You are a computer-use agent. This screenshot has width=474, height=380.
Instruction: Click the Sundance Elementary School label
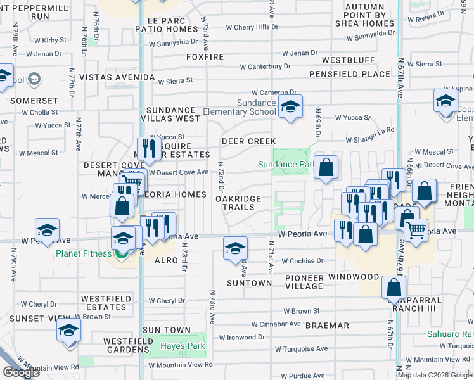(240, 107)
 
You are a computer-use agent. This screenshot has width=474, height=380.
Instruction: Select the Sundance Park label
(286, 164)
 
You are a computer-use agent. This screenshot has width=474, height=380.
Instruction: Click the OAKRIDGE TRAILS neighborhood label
(238, 203)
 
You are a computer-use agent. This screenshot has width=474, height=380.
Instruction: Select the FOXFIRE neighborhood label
(206, 57)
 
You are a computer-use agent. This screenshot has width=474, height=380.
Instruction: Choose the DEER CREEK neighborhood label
(248, 141)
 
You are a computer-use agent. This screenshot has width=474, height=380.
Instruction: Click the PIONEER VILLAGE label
(304, 282)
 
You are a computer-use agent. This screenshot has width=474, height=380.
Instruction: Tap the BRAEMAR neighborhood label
(327, 325)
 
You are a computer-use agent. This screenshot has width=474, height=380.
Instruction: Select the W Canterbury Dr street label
(265, 66)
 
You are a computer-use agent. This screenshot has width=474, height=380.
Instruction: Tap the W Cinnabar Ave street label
(276, 324)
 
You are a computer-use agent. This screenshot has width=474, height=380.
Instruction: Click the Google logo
(21, 372)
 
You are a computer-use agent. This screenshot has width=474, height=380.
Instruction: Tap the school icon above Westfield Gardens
(69, 330)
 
